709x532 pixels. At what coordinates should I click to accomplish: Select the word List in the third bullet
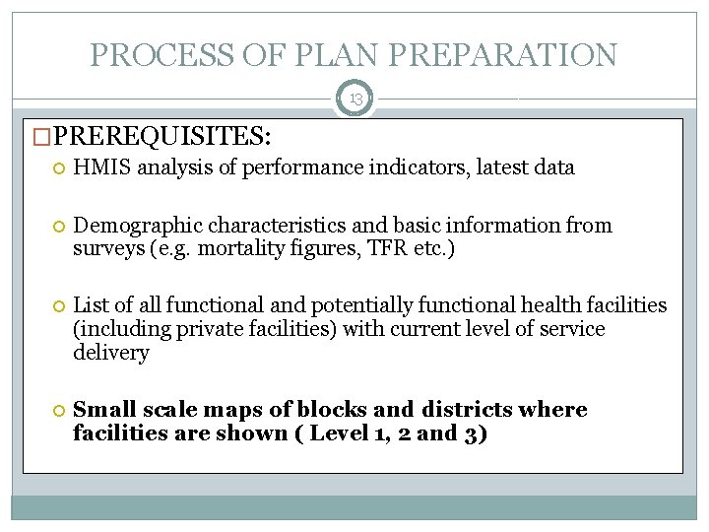[92, 306]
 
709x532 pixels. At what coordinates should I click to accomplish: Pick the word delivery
[110, 353]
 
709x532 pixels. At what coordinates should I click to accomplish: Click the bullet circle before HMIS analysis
[60, 168]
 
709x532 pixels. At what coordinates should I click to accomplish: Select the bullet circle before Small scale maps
[60, 411]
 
